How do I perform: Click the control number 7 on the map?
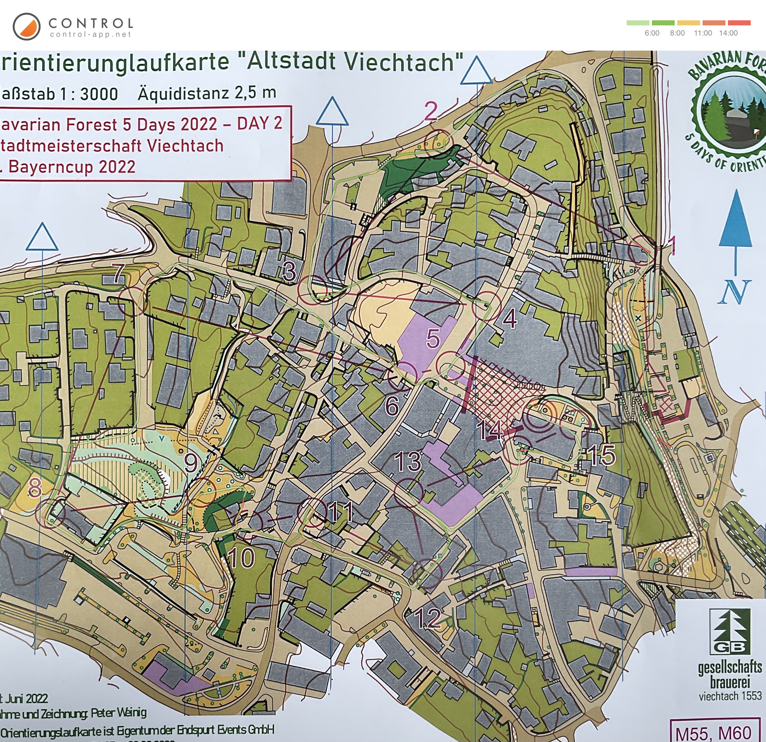(119, 273)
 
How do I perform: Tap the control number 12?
(427, 618)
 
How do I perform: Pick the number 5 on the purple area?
(433, 338)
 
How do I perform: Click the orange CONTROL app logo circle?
(26, 26)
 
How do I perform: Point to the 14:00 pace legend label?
(728, 33)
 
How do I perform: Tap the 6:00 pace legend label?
(652, 33)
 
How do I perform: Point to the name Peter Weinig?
(119, 713)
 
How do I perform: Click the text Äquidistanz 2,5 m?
(207, 93)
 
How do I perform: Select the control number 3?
(289, 271)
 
